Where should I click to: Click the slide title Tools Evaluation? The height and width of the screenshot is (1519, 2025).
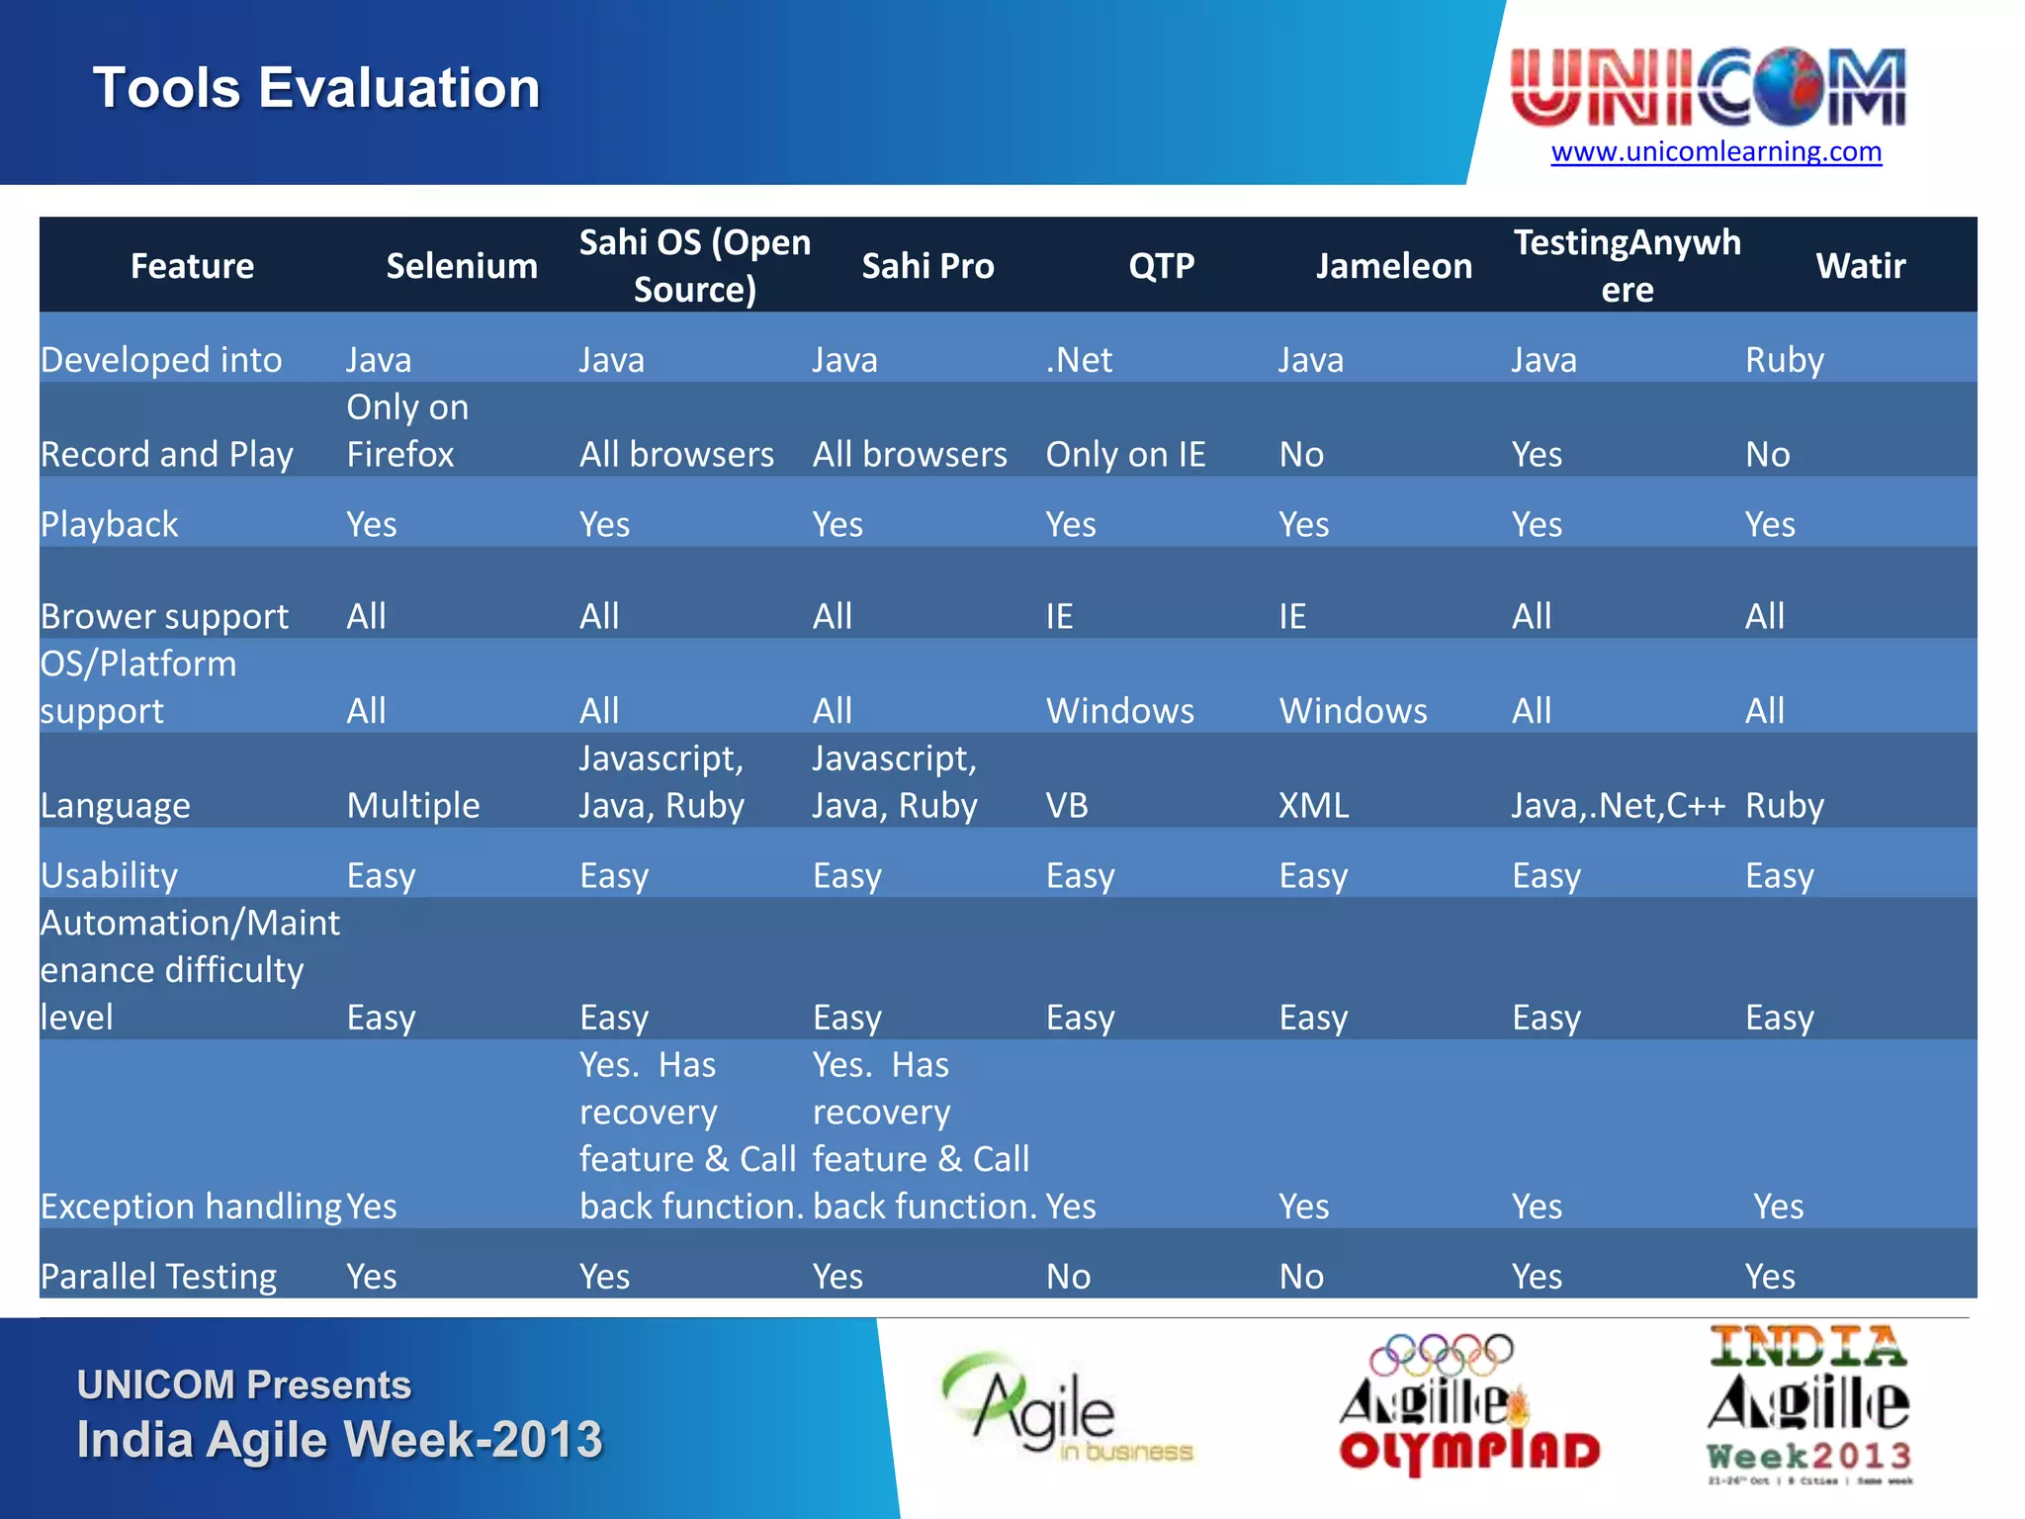pyautogui.click(x=316, y=88)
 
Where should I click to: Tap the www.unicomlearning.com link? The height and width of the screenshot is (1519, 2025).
pyautogui.click(x=1716, y=151)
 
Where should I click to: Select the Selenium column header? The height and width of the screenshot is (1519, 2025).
pyautogui.click(x=462, y=266)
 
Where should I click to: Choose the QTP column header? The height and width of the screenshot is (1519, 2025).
pyautogui.click(x=1162, y=266)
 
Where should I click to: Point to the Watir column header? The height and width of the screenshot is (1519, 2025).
pyautogui.click(x=1860, y=266)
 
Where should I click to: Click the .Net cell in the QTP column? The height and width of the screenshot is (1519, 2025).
pyautogui.click(x=1079, y=360)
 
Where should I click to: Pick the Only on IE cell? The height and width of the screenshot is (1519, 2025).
pyautogui.click(x=1125, y=455)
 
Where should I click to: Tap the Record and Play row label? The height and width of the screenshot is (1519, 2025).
pyautogui.click(x=167, y=455)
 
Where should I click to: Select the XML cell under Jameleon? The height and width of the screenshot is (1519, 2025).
pyautogui.click(x=1313, y=806)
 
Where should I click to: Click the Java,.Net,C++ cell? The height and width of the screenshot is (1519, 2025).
pyautogui.click(x=1618, y=806)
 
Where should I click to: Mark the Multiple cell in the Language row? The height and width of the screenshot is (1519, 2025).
pyautogui.click(x=413, y=806)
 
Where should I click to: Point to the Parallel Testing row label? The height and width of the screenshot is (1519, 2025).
pyautogui.click(x=158, y=1277)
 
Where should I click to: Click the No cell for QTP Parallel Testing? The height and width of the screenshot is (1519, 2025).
pyautogui.click(x=1069, y=1277)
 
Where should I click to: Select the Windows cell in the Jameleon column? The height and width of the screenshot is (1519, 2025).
pyautogui.click(x=1353, y=711)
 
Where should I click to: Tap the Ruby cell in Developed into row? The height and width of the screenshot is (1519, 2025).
pyautogui.click(x=1784, y=360)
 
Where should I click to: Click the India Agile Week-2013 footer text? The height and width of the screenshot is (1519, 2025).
pyautogui.click(x=339, y=1440)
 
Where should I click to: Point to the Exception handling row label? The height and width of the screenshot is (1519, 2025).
pyautogui.click(x=191, y=1206)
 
